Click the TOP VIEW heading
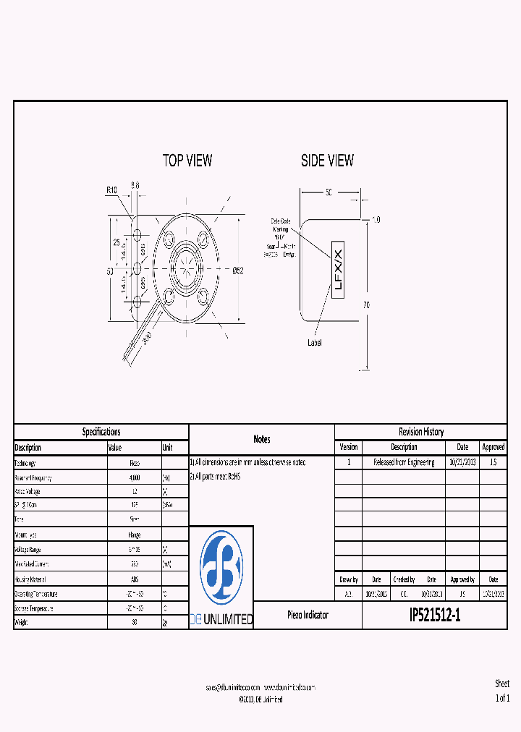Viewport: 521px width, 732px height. [x=187, y=161]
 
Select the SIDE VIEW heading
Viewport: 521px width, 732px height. [x=327, y=161]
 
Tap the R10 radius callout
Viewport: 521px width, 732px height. [x=111, y=190]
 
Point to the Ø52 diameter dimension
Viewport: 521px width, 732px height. [x=238, y=271]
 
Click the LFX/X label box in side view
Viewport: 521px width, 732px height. [x=338, y=269]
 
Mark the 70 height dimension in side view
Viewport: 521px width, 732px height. [x=366, y=305]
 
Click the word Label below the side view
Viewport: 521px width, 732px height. [x=315, y=342]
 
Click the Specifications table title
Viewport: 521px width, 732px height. [x=101, y=432]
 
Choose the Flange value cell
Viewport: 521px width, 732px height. [x=134, y=535]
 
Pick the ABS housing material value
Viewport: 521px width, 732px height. [x=134, y=579]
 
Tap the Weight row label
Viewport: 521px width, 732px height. [x=25, y=621]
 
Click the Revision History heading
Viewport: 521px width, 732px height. [x=420, y=432]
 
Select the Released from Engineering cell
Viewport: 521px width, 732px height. [x=404, y=462]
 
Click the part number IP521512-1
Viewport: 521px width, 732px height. [x=434, y=615]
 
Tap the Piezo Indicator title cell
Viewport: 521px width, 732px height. [x=308, y=615]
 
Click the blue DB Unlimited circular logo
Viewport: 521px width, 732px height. [x=221, y=567]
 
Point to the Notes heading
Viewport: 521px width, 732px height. [x=261, y=439]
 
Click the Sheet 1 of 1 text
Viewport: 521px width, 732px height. [x=502, y=691]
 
